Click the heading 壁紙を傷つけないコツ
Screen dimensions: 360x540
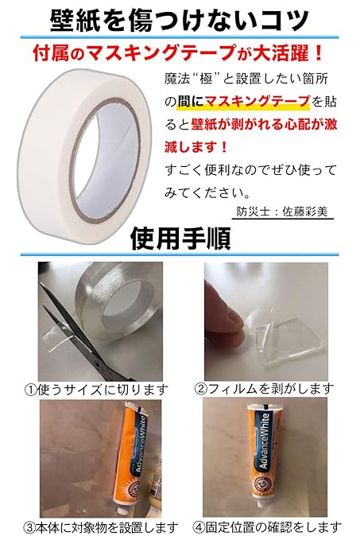click(179, 20)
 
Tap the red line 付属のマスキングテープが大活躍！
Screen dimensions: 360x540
click(177, 53)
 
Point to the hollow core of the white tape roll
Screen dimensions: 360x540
click(106, 158)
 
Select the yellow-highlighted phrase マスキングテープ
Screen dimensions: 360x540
click(257, 102)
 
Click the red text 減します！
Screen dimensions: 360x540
click(196, 147)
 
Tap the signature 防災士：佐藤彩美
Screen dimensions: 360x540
click(282, 212)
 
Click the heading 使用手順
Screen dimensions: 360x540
click(180, 238)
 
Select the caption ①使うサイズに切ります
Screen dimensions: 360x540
click(97, 390)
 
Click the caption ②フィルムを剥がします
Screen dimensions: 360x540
click(264, 389)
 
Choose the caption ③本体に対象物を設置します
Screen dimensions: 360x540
click(101, 527)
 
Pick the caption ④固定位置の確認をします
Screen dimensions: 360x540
click(267, 527)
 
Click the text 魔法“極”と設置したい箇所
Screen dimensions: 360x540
click(246, 80)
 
